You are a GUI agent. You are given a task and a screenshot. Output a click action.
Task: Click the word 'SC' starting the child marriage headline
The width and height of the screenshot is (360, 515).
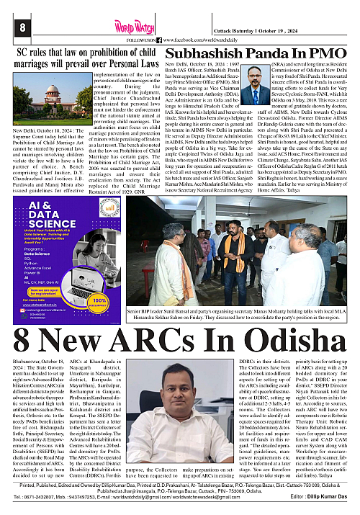23,53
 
